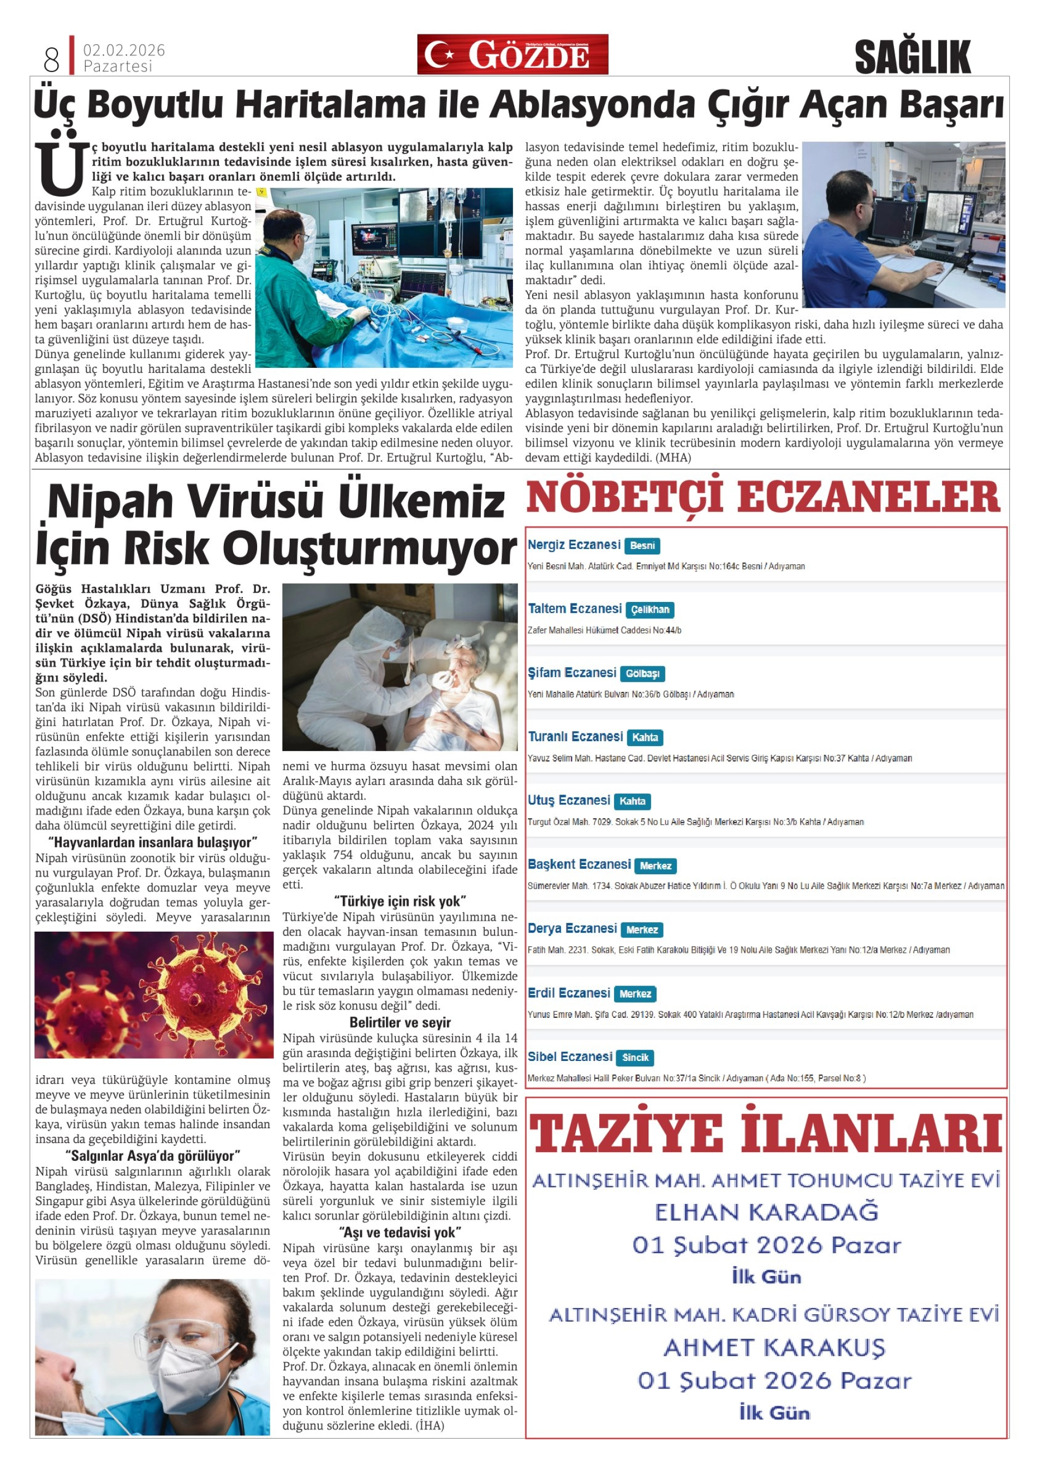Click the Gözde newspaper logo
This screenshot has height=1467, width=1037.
coord(512,55)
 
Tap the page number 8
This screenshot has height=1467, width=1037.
coord(51,60)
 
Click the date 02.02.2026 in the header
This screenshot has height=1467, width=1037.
coord(124,50)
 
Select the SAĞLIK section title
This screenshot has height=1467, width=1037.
coord(912,57)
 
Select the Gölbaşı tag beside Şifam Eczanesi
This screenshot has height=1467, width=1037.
coord(642,673)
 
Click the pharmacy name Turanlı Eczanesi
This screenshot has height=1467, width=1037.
coord(575,737)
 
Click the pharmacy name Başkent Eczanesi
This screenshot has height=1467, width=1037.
coord(579,864)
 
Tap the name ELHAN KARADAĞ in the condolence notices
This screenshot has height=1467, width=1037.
coord(766,1212)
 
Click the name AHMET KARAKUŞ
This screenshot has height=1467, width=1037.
coord(774,1347)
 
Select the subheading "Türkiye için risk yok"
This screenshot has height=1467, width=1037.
coord(400,901)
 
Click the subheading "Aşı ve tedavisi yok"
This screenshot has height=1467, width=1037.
coord(400,1232)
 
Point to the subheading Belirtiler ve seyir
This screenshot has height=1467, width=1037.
coord(400,1022)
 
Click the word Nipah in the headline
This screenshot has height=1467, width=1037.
coord(110,502)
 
